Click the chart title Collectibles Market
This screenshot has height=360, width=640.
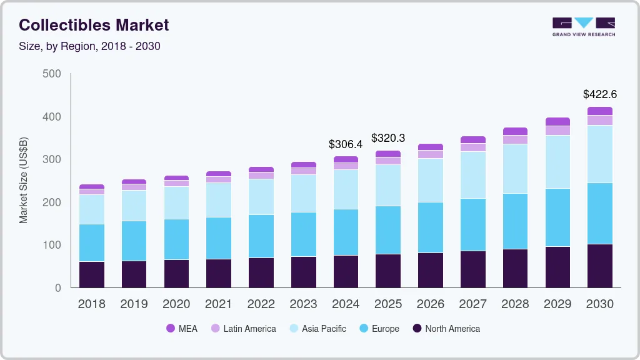pyautogui.click(x=94, y=25)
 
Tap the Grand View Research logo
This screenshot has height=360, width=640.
pyautogui.click(x=584, y=26)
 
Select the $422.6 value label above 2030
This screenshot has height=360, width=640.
pyautogui.click(x=600, y=94)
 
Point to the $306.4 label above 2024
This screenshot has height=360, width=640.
pyautogui.click(x=346, y=144)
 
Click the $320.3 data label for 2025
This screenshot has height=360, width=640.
pyautogui.click(x=388, y=138)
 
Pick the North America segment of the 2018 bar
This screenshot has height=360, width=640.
pyautogui.click(x=92, y=274)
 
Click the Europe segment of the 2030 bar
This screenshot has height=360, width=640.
pyautogui.click(x=600, y=213)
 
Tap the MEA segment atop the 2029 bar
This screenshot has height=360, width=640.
pyautogui.click(x=557, y=121)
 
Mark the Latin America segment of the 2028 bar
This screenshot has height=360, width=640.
pyautogui.click(x=515, y=139)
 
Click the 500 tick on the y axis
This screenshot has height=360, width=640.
pyautogui.click(x=52, y=74)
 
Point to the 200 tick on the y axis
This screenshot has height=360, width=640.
pyautogui.click(x=52, y=202)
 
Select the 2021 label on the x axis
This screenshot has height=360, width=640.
pyautogui.click(x=219, y=304)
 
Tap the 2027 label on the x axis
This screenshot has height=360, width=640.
pyautogui.click(x=472, y=304)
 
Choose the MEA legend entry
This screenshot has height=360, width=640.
pyautogui.click(x=181, y=329)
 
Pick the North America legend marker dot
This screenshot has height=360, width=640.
pyautogui.click(x=417, y=329)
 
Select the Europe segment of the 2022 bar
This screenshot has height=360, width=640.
pyautogui.click(x=261, y=236)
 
